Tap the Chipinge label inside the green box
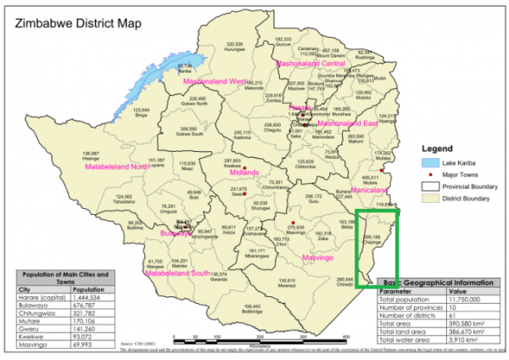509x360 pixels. click(x=372, y=241)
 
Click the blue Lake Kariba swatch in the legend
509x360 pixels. click(x=430, y=160)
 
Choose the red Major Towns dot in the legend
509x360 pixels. click(x=430, y=173)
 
